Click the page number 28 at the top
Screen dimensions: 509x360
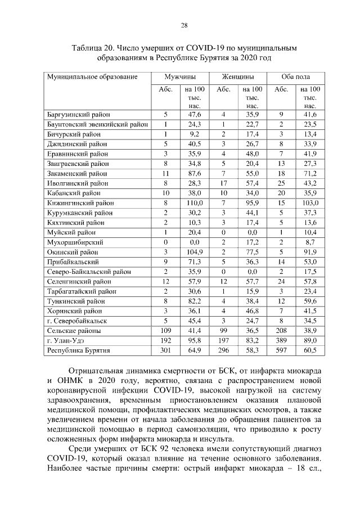click(183, 25)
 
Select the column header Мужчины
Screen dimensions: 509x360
click(180, 76)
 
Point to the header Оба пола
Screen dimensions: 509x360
click(295, 76)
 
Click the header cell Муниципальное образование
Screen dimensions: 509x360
click(92, 76)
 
